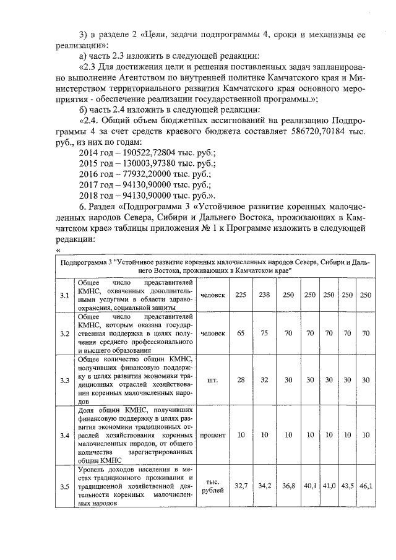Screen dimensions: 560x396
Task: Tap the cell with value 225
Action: [x=241, y=294]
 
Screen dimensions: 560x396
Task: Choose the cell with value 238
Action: [x=264, y=294]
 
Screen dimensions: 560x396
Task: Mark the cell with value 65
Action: [x=241, y=333]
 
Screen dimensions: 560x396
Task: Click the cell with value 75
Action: [x=264, y=333]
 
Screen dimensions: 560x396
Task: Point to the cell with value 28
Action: [x=241, y=380]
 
